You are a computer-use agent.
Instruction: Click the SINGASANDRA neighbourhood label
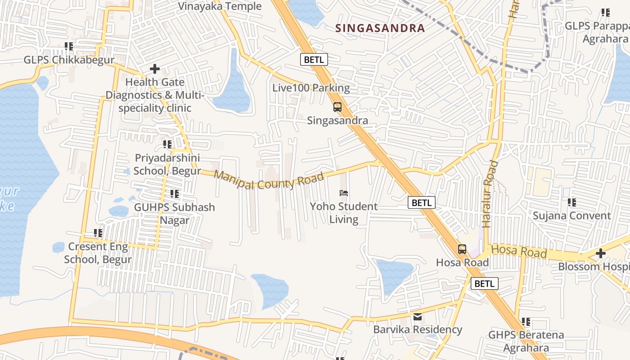380,28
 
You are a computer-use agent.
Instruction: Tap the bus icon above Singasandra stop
337,107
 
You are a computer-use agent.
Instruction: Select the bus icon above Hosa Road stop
462,249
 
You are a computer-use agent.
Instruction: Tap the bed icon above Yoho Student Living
344,193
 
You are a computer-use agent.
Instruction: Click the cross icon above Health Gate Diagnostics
155,69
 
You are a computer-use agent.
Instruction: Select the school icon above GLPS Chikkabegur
69,46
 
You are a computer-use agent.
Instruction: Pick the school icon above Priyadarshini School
167,144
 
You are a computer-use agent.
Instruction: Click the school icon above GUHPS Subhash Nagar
175,194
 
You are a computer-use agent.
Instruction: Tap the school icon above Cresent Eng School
98,233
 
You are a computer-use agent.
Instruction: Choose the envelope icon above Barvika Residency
418,317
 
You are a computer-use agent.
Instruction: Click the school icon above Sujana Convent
572,202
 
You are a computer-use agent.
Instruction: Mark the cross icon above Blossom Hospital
600,253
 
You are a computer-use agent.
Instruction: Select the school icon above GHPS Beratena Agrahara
526,322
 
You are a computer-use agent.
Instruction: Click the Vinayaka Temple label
220,6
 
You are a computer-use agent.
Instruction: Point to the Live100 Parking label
311,88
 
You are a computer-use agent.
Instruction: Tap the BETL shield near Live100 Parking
314,59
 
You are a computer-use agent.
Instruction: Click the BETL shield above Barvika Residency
484,283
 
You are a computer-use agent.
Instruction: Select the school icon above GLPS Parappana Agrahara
606,13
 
